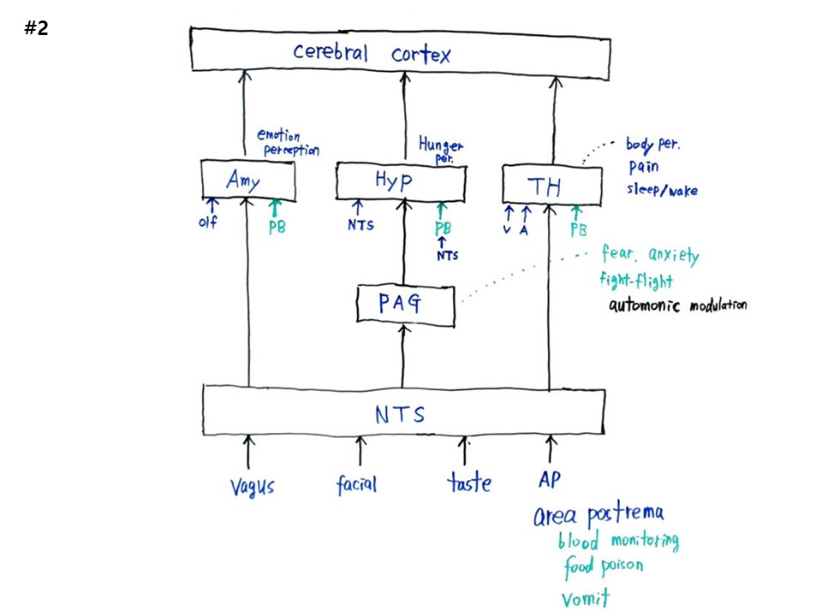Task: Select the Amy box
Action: click(247, 180)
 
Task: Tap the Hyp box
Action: click(401, 181)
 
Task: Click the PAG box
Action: click(404, 305)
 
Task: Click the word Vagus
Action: click(252, 486)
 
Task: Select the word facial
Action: click(356, 484)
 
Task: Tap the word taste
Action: click(469, 483)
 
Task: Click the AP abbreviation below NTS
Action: click(550, 479)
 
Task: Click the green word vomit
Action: click(587, 595)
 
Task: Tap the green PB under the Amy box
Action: click(277, 228)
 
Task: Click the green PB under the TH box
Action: click(578, 228)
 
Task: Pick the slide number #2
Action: click(36, 28)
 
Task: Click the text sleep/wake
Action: click(663, 190)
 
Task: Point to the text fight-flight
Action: click(636, 280)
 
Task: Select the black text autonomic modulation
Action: click(676, 305)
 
